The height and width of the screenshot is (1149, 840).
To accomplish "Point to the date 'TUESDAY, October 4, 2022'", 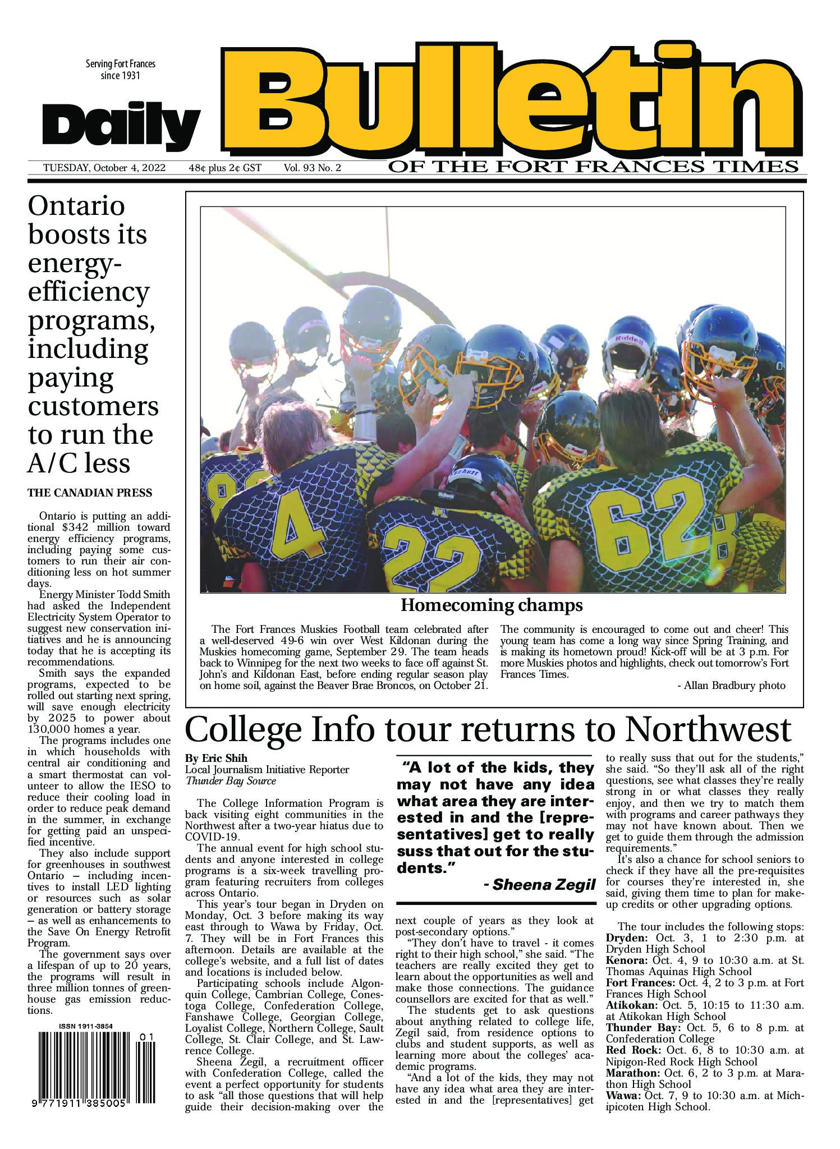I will (104, 168).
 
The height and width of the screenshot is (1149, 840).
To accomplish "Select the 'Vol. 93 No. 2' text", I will (313, 168).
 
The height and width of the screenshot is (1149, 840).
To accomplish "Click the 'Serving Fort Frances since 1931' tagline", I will (120, 70).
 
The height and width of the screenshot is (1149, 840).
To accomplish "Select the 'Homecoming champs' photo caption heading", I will (491, 606).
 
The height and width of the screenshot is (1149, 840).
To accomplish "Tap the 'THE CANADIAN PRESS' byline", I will (90, 494).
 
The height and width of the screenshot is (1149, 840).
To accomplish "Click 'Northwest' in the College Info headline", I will (708, 730).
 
